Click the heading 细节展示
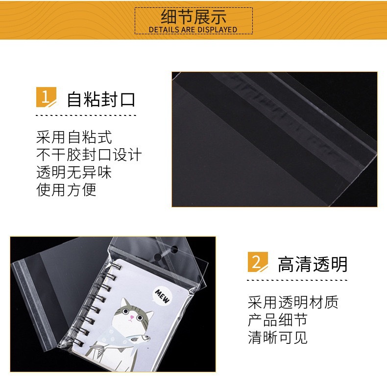pos(193,17)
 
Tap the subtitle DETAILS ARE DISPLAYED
pos(193,30)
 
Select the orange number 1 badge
pos(45,97)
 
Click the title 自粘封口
pos(101,99)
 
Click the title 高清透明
pos(313,264)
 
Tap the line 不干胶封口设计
pos(89,155)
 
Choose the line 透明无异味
pos(74,172)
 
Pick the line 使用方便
pos(67,190)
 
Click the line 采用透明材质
pos(293,302)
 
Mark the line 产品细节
pos(278,320)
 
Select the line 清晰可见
pos(278,338)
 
